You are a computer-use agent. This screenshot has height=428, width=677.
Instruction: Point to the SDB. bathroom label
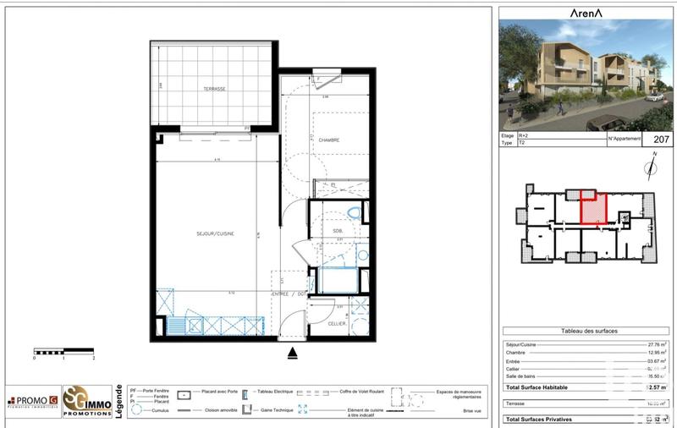[x=337, y=230]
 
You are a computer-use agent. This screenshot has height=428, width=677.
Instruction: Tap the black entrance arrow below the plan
[x=293, y=353]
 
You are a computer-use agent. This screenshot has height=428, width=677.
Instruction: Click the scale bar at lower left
[x=63, y=350]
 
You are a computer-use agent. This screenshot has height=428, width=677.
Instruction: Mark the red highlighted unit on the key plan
[x=594, y=208]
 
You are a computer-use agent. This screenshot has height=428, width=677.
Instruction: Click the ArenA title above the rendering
[x=586, y=13]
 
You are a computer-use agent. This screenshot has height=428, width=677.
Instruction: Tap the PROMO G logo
[x=33, y=401]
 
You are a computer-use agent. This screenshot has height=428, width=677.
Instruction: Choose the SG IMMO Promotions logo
[x=88, y=399]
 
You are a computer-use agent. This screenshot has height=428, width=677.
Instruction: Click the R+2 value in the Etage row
[x=525, y=135]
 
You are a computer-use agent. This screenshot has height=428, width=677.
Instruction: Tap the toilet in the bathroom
[x=354, y=212]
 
